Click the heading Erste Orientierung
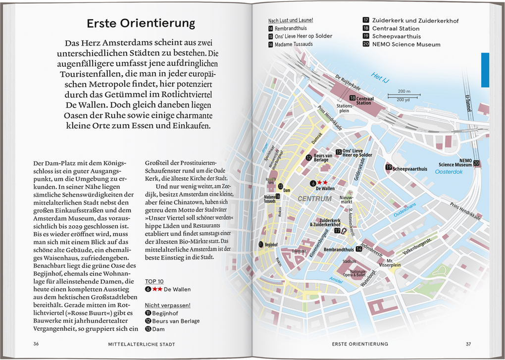pyautogui.click(x=141, y=23)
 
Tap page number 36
pyautogui.click(x=36, y=344)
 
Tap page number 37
pyautogui.click(x=468, y=344)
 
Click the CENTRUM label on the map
pyautogui.click(x=314, y=199)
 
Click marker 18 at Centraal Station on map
pyautogui.click(x=352, y=98)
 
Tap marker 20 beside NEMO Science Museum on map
pyautogui.click(x=476, y=163)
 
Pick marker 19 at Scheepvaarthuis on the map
pyautogui.click(x=389, y=168)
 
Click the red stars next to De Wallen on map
pyautogui.click(x=322, y=183)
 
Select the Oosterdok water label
pyautogui.click(x=448, y=172)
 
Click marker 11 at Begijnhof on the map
pyautogui.click(x=261, y=244)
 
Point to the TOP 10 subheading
pyautogui.click(x=154, y=281)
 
